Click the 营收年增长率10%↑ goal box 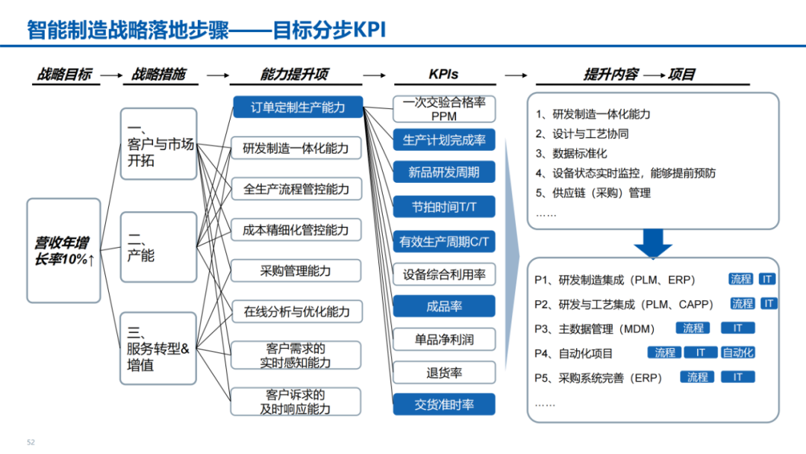(x=63, y=250)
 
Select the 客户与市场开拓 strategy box (x=158, y=143)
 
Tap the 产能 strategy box (x=158, y=246)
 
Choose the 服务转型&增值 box (x=158, y=349)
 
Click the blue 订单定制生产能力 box (x=298, y=108)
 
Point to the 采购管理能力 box (x=296, y=270)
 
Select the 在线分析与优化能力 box (x=296, y=311)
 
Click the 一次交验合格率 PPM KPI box (x=444, y=109)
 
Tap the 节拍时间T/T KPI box (x=444, y=206)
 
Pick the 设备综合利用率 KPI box (x=444, y=274)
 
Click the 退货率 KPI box (x=444, y=373)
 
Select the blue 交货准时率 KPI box (x=444, y=405)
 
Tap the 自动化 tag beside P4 (x=738, y=352)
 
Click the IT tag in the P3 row (x=737, y=328)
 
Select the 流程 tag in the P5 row (x=698, y=377)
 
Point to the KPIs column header (x=443, y=74)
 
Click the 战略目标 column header (x=65, y=74)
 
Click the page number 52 (x=31, y=442)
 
